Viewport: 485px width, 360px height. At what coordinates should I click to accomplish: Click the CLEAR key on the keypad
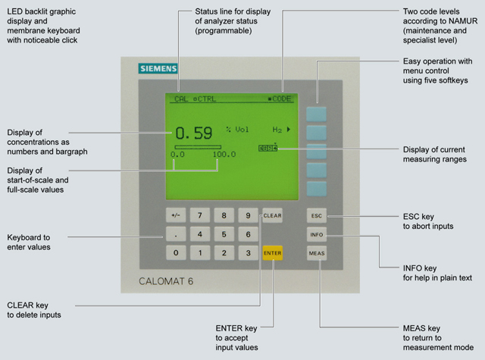271,216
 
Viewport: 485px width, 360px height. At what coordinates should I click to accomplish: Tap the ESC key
317,216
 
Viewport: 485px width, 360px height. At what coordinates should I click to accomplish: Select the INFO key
317,234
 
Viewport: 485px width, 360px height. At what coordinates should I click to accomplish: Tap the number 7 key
199,216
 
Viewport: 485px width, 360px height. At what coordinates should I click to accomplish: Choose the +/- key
176,216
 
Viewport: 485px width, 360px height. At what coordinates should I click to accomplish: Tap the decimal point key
176,234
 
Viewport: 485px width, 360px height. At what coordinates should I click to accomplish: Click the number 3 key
247,252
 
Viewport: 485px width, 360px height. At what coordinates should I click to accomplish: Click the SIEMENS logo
158,69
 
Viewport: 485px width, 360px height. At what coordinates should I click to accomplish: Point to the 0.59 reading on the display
193,133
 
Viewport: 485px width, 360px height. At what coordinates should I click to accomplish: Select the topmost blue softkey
317,113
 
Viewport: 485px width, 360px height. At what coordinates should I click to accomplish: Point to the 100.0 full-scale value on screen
224,155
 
